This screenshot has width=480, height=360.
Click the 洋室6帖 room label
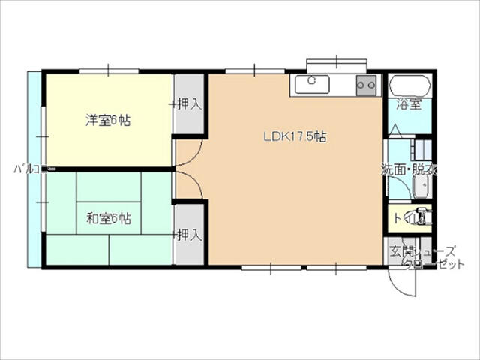pyautogui.click(x=108, y=119)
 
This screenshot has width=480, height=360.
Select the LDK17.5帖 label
pyautogui.click(x=295, y=136)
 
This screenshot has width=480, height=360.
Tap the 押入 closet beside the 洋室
pyautogui.click(x=189, y=104)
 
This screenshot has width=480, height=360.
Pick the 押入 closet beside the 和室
pyautogui.click(x=189, y=235)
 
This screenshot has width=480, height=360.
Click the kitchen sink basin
pyautogui.click(x=312, y=84)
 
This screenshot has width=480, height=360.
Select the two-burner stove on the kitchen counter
pyautogui.click(x=367, y=85)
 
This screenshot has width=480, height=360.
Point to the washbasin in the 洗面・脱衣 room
pyautogui.click(x=419, y=190)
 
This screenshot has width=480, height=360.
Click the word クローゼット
pyautogui.click(x=434, y=264)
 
